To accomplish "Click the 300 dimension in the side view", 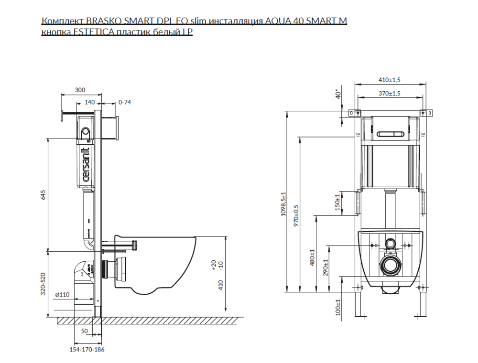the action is click(80, 90).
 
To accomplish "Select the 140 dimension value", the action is click(90, 102).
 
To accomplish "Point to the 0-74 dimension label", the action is click(125, 102).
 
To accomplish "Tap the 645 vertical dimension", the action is click(43, 194).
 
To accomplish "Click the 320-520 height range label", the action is click(43, 284).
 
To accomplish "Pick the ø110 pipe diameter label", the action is click(62, 295).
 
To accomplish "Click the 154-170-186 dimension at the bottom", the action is click(87, 349).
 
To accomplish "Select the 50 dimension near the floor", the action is click(85, 331).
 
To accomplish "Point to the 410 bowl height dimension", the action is click(221, 285).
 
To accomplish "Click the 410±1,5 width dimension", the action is click(390, 80).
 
